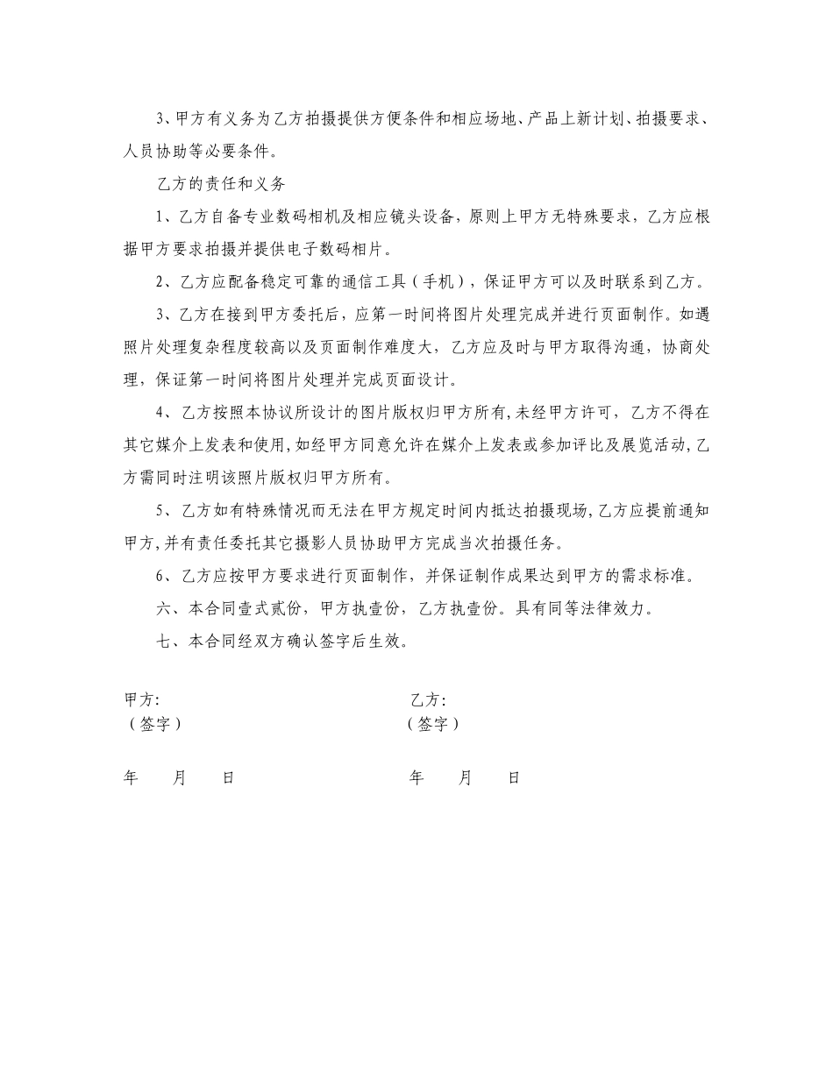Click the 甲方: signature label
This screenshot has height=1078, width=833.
point(141,700)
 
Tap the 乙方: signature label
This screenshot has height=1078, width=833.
point(428,700)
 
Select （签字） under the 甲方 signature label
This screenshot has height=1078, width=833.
point(155,725)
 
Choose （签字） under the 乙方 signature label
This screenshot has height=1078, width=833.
point(433,725)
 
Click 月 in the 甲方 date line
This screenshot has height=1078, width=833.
point(179,777)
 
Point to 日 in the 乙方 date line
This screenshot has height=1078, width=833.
point(514,777)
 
